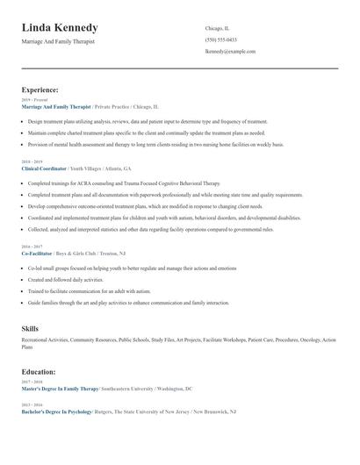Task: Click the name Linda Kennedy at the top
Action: pos(60,28)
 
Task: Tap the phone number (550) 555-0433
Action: pos(220,39)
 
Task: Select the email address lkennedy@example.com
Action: pos(230,51)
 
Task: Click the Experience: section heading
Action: pos(40,89)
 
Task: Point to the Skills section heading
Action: pos(30,327)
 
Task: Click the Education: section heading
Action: pos(40,372)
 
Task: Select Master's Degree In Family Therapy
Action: pos(61,388)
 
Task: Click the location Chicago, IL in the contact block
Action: pos(217,28)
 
